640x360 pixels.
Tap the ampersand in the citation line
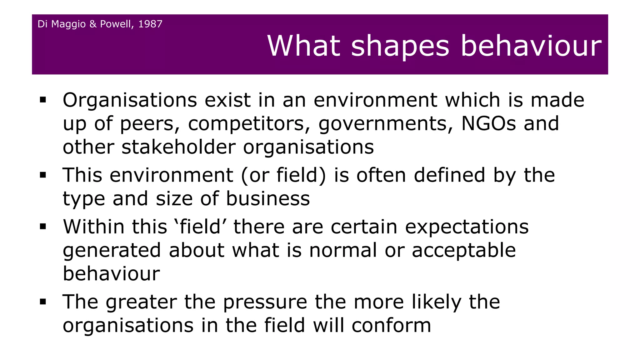(x=93, y=24)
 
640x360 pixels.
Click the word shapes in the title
(x=400, y=46)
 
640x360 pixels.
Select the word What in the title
(x=303, y=46)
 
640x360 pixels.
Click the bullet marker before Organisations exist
(x=43, y=100)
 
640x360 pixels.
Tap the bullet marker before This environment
(x=43, y=175)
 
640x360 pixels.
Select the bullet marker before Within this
(x=43, y=227)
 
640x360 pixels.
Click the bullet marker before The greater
(x=43, y=302)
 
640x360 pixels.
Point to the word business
(x=268, y=198)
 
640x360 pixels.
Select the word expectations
(x=467, y=227)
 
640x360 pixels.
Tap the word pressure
(x=265, y=302)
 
